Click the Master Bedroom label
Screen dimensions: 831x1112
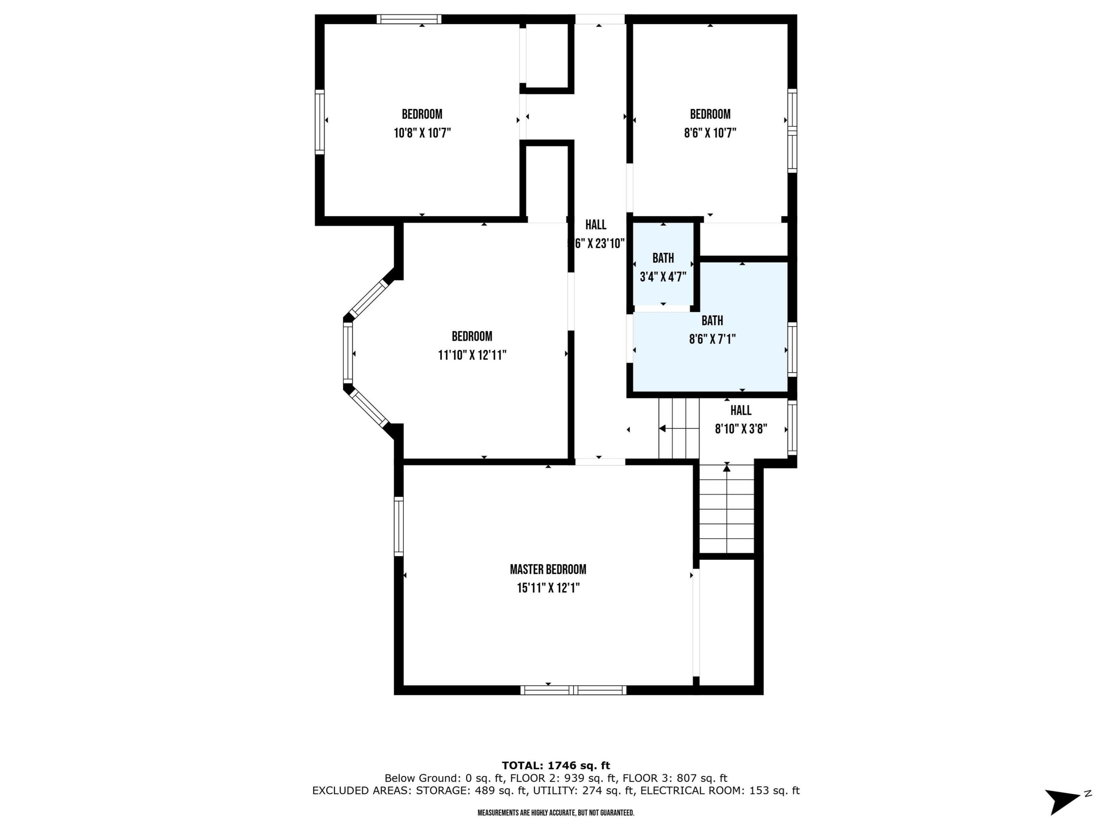click(x=548, y=569)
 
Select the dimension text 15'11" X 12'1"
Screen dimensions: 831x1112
click(x=548, y=588)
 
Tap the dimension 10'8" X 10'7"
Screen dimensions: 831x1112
click(x=422, y=133)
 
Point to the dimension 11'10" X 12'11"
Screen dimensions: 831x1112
click(x=472, y=355)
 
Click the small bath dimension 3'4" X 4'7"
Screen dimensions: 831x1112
click(x=663, y=277)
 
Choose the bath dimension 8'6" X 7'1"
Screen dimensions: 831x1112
click(x=712, y=339)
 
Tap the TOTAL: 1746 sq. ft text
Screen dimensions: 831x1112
click(x=556, y=766)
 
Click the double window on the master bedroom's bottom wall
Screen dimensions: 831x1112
click(x=573, y=690)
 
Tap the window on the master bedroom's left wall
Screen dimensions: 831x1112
click(x=398, y=526)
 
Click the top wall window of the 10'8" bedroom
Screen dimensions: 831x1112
click(x=409, y=19)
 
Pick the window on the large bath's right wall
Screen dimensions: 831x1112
click(x=792, y=350)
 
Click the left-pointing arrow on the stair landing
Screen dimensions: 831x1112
click(x=663, y=429)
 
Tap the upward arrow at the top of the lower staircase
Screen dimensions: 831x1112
click(x=726, y=468)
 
